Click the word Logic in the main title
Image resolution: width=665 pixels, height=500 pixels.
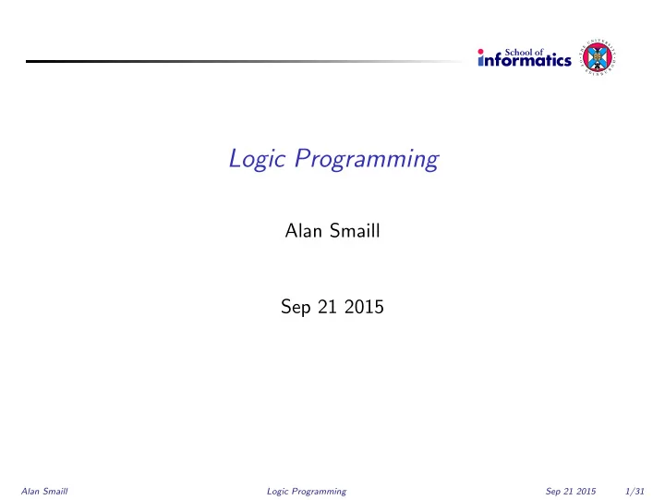[257, 159]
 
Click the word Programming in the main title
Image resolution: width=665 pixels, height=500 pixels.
[367, 159]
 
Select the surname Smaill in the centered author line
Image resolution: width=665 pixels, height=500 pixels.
[355, 231]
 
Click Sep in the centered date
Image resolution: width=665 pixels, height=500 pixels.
[296, 307]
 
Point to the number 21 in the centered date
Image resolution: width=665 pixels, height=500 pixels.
[327, 307]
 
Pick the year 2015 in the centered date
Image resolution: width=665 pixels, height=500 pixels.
[364, 307]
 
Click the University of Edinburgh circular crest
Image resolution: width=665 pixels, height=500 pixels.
[598, 58]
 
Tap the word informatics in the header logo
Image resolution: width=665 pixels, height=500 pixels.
[525, 60]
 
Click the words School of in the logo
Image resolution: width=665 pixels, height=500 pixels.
[524, 52]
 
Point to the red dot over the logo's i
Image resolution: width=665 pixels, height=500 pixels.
[480, 52]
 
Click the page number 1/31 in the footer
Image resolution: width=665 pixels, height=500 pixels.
[635, 491]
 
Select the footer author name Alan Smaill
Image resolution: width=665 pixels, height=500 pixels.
[44, 491]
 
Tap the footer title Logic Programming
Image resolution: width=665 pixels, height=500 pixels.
[307, 492]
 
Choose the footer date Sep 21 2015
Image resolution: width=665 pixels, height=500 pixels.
[571, 492]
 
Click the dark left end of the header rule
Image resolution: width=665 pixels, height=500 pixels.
[27, 61]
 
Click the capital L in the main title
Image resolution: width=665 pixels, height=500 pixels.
[236, 158]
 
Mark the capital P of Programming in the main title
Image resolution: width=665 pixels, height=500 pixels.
[302, 158]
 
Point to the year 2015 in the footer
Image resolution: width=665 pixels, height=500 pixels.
[586, 491]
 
